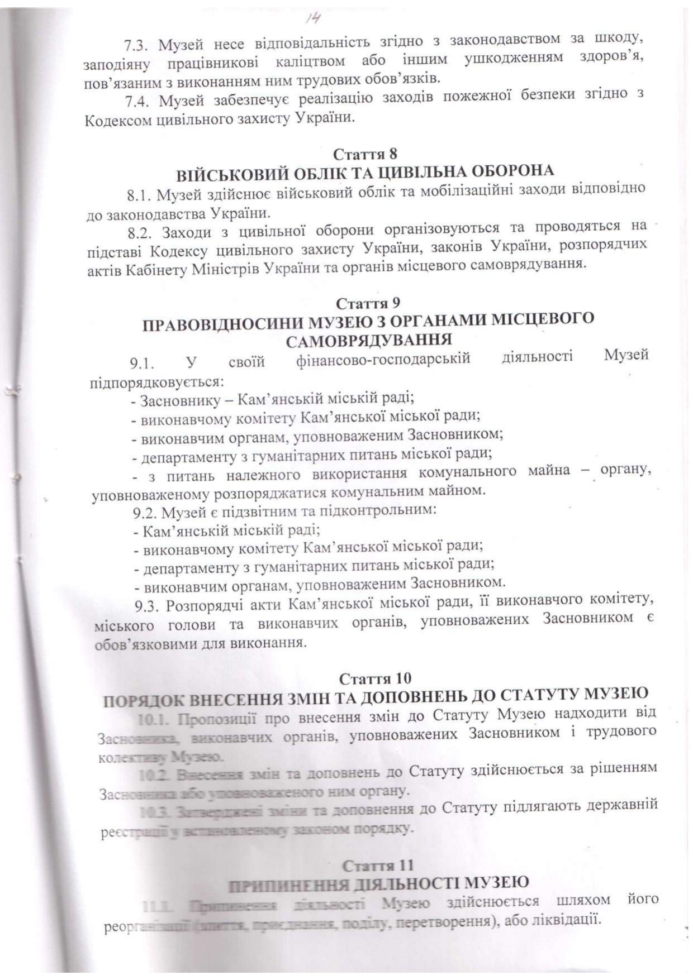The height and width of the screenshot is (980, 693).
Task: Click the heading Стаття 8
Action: [365, 154]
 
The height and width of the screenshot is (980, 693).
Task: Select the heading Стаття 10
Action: [375, 678]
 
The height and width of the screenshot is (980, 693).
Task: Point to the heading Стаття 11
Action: [378, 866]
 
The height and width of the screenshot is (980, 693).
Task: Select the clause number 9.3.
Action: [146, 605]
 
